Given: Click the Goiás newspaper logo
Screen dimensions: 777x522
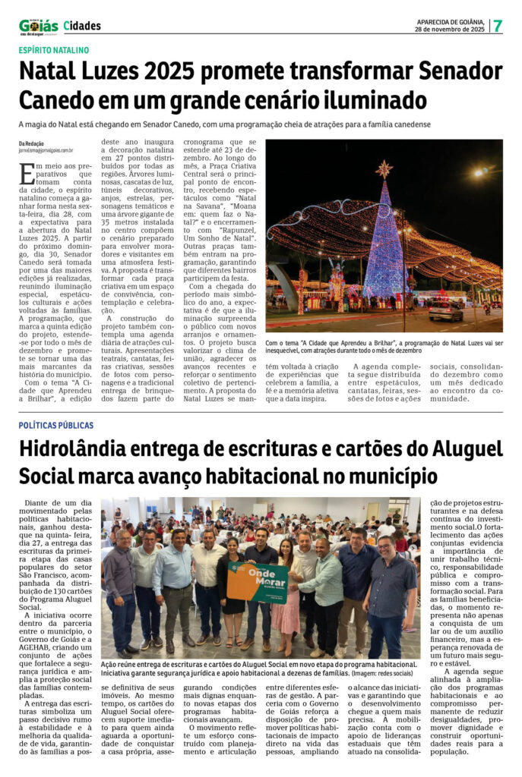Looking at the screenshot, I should point(38,27).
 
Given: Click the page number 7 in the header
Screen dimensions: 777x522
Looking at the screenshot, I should point(498,25).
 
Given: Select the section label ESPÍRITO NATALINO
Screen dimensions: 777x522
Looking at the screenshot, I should point(54,50).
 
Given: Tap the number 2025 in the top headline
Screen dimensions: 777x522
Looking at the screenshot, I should point(186,72).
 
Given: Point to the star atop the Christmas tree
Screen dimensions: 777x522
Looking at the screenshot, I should point(384,168).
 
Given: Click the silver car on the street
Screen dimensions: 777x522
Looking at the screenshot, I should point(445,310).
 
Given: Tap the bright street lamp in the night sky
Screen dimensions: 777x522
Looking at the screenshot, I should point(480,172).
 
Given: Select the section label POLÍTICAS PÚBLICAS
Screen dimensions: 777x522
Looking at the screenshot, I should point(56,426).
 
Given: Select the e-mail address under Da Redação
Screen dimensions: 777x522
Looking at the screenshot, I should point(46,151).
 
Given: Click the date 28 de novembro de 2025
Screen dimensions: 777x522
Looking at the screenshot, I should point(451,29).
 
